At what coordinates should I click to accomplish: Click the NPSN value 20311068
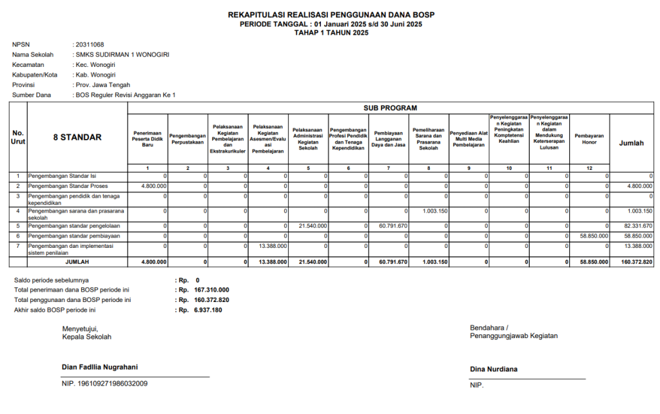[90, 44]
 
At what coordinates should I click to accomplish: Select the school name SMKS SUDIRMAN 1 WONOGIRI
[122, 55]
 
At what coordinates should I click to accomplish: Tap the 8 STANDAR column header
[77, 137]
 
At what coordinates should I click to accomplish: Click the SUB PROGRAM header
[391, 108]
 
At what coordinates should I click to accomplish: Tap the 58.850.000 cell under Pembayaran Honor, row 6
[594, 236]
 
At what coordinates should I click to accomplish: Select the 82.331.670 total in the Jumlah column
[637, 226]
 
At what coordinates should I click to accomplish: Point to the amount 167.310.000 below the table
[211, 290]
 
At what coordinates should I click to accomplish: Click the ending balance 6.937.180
[208, 310]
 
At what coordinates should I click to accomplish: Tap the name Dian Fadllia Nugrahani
[99, 368]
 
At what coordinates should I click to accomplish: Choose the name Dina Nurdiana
[494, 370]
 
